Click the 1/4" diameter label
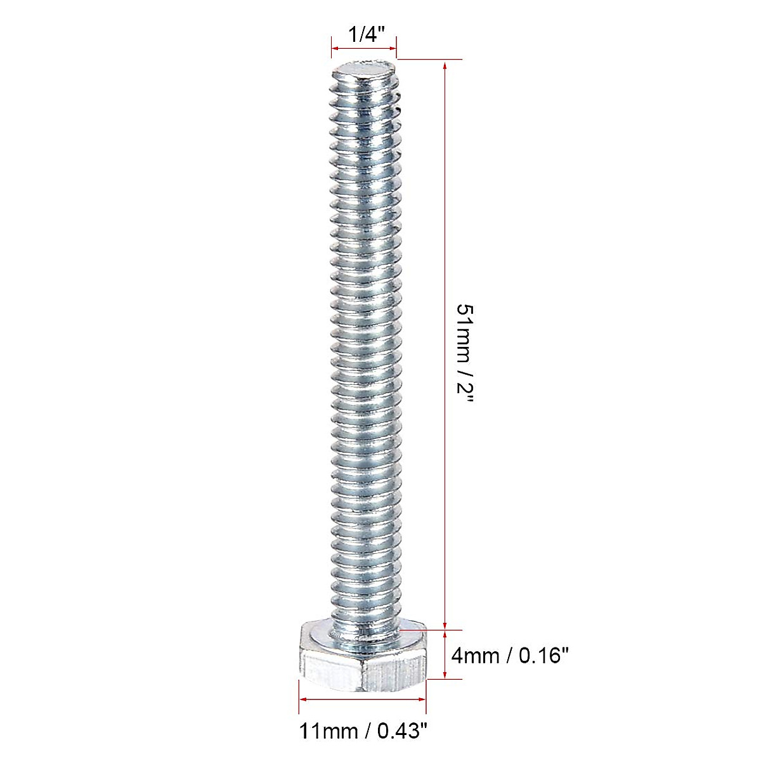[x=366, y=35]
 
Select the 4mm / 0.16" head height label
[x=509, y=656]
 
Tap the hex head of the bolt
[x=363, y=664]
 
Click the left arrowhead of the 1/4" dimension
[x=335, y=48]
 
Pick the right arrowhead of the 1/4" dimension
[x=393, y=48]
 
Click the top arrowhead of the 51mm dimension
[x=445, y=65]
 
